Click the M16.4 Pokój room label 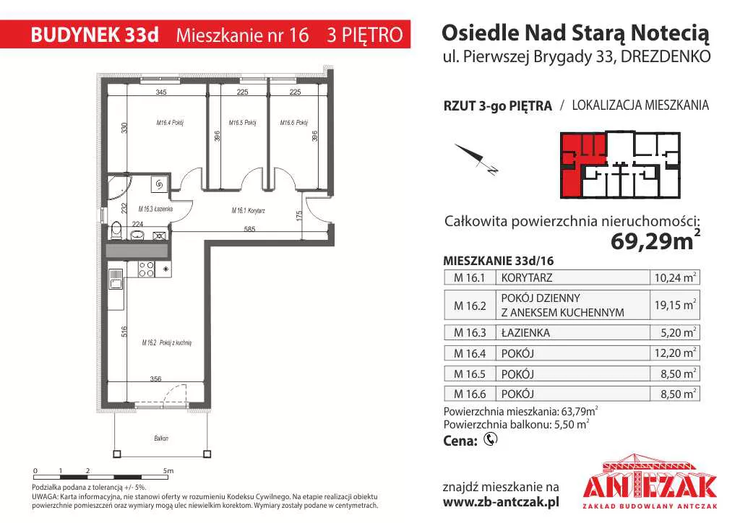click(170, 123)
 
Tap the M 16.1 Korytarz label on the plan click(249, 210)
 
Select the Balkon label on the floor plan click(161, 438)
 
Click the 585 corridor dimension click(249, 229)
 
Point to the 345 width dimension click(161, 92)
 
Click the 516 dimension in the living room click(124, 332)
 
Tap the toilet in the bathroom click(116, 232)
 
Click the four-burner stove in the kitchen click(146, 269)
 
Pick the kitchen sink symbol click(116, 279)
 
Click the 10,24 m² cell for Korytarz click(675, 278)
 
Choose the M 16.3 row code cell click(470, 333)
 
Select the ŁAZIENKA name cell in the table click(525, 333)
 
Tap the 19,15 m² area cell click(675, 305)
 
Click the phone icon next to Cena click(491, 439)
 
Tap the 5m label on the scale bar click(168, 471)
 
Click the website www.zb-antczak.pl click(502, 502)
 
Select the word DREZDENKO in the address click(666, 56)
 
